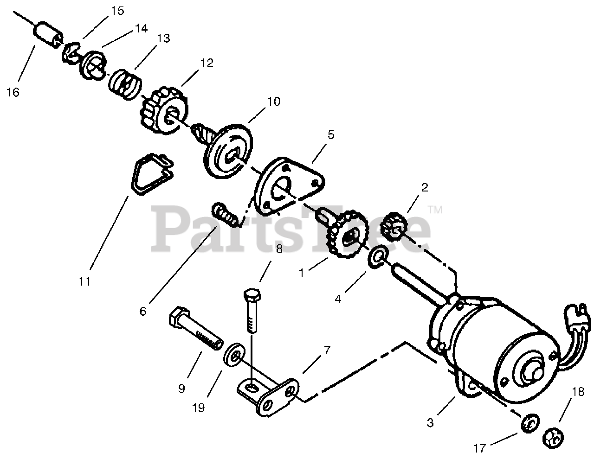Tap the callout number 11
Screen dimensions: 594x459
point(84,281)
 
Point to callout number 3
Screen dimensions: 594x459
point(430,423)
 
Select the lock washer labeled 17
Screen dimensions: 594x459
point(528,423)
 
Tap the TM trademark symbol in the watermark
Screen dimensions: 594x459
point(434,210)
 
